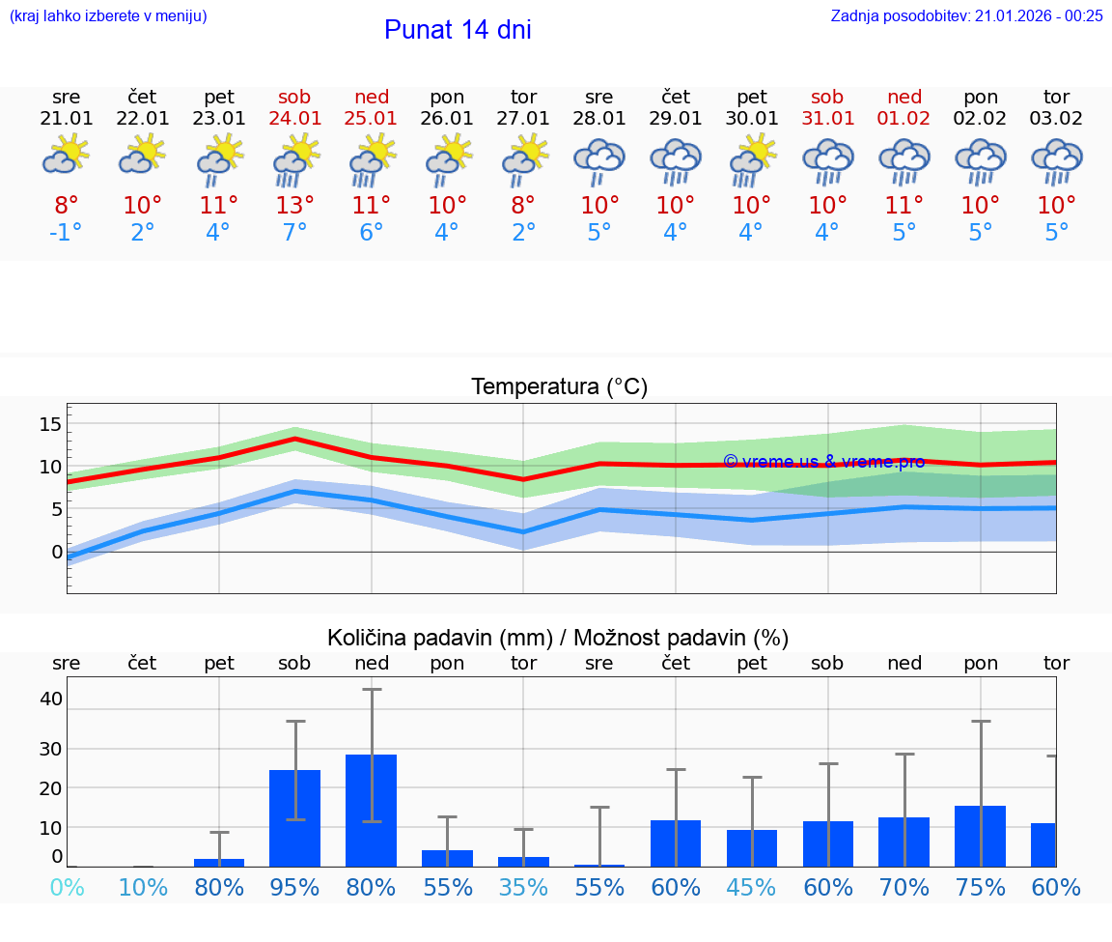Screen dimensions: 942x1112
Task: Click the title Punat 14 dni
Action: [x=458, y=30]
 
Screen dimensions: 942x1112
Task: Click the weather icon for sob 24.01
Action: [x=295, y=160]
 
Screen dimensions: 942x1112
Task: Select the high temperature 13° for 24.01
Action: [x=295, y=206]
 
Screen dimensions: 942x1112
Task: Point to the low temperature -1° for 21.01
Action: [x=67, y=233]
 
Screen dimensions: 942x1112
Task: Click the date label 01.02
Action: [x=904, y=119]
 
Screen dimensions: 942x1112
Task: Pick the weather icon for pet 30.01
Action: [x=752, y=160]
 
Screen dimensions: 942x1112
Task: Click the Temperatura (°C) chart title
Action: [x=559, y=387]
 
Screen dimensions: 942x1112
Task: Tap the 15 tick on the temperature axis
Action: [x=50, y=424]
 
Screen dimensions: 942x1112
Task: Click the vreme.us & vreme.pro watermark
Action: [x=823, y=462]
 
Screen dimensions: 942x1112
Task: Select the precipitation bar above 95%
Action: [x=295, y=817]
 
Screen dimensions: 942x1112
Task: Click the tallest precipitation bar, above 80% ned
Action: [x=372, y=810]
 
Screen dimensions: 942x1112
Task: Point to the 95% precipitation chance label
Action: [x=295, y=887]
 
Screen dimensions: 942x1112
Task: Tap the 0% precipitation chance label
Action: [x=67, y=887]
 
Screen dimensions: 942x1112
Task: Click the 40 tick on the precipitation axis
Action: [x=50, y=699]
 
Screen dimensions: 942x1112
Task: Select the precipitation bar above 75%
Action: [x=981, y=836]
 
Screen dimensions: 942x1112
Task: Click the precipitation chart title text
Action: [x=558, y=638]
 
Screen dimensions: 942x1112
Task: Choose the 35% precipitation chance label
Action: [x=523, y=887]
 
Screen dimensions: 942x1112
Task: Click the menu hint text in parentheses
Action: [x=108, y=15]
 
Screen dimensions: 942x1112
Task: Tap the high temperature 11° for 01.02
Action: [x=904, y=206]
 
